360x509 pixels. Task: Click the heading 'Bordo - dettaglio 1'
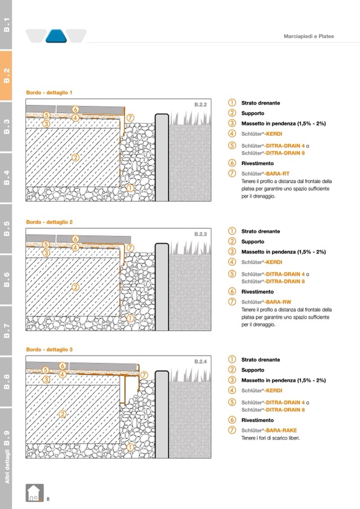point(49,92)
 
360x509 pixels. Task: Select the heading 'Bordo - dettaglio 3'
point(49,350)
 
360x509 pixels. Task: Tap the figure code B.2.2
point(201,105)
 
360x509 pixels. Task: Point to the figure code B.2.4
point(201,361)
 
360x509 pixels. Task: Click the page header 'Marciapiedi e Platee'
point(308,36)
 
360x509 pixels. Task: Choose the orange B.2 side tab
point(6,75)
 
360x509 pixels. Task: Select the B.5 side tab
point(6,229)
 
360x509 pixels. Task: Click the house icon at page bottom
point(35,493)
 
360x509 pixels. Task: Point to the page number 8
point(48,499)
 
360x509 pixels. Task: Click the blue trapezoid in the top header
point(56,36)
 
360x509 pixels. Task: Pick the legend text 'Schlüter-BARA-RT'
point(265,174)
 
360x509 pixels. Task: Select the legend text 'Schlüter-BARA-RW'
point(266,302)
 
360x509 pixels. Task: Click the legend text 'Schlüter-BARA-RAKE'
point(269,430)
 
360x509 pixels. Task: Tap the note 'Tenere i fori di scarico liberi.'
point(270,438)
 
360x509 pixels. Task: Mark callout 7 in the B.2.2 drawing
point(130,117)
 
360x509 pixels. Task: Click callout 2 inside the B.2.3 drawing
point(75,287)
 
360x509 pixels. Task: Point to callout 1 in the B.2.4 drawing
point(130,447)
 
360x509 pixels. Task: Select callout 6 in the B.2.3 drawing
point(75,239)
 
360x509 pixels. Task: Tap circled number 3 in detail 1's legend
point(232,123)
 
